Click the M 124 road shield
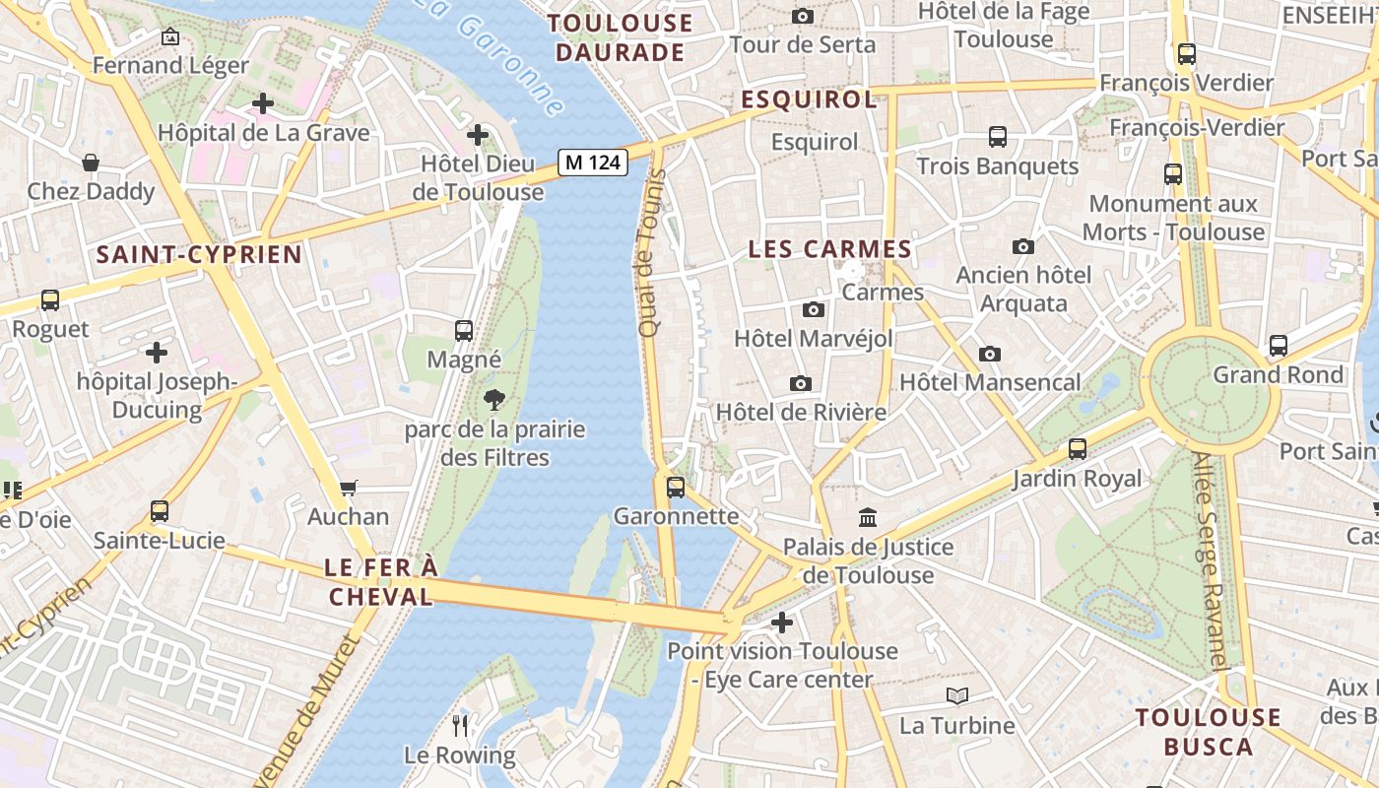(593, 163)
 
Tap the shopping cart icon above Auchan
(348, 488)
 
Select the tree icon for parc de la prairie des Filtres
(494, 399)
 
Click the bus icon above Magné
(464, 331)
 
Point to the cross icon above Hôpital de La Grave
(263, 102)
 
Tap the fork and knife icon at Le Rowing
(460, 726)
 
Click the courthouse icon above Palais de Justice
(868, 517)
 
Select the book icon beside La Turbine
(956, 696)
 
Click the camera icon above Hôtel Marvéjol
(814, 309)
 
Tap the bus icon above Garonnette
(676, 487)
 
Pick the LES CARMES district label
(829, 249)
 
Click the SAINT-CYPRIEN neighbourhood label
(199, 255)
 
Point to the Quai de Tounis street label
(650, 254)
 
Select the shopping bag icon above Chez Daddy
(91, 163)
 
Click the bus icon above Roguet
(50, 300)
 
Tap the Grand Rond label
(1278, 374)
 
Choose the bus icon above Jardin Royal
(1078, 449)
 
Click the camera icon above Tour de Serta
(803, 16)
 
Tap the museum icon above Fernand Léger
(170, 37)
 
